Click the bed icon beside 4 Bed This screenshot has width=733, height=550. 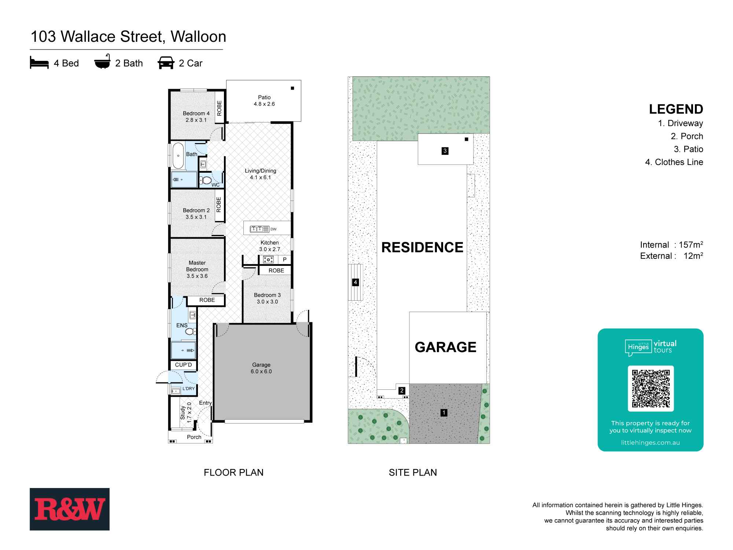[39, 63]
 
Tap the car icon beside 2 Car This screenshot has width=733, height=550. [166, 63]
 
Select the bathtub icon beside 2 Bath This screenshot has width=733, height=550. [102, 63]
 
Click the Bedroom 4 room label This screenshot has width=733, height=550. [196, 117]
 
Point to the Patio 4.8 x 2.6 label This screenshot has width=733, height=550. [264, 100]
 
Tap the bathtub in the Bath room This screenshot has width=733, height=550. [178, 155]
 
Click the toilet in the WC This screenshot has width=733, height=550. [206, 180]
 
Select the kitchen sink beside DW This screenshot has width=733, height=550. [259, 229]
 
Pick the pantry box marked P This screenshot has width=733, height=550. [284, 260]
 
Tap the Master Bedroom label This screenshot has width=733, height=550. [197, 269]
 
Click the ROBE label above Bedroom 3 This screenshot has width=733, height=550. [276, 271]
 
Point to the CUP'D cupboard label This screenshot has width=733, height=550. [183, 365]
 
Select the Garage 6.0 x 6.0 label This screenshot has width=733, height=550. [261, 368]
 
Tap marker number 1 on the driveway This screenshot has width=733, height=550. [444, 413]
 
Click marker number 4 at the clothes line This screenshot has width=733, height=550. [355, 282]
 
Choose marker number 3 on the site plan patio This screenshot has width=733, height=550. [445, 151]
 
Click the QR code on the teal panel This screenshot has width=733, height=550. [651, 389]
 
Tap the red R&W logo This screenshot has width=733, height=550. [70, 509]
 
